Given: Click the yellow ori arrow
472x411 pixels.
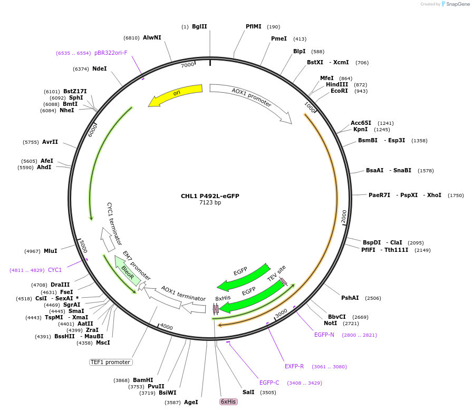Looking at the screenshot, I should [x=176, y=94].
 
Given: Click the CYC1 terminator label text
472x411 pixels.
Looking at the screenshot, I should [x=114, y=223].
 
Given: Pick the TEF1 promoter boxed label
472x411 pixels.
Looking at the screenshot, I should [x=111, y=362].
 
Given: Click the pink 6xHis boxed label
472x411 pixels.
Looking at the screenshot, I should [x=228, y=402].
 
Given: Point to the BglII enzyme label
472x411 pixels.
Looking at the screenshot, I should [x=199, y=26].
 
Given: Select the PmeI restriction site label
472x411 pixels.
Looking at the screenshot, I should [x=279, y=38].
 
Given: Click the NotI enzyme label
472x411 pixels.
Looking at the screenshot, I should [x=330, y=323].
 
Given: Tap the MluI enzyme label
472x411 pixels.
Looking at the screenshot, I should [x=51, y=251].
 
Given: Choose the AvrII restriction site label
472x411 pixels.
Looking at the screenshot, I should [x=50, y=142].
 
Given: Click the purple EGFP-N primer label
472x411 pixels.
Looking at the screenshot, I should [x=324, y=335].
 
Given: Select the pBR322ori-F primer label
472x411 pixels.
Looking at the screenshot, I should [x=111, y=53].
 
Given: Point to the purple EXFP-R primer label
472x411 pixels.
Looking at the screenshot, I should [x=294, y=366].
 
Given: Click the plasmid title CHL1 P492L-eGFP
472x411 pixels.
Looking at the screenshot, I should [x=210, y=196].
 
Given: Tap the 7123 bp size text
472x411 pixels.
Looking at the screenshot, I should [x=210, y=203].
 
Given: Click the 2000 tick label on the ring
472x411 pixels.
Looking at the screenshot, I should [x=344, y=216].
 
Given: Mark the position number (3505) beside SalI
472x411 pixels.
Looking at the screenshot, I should [x=268, y=392].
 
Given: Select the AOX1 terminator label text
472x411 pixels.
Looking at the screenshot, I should [x=183, y=294].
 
